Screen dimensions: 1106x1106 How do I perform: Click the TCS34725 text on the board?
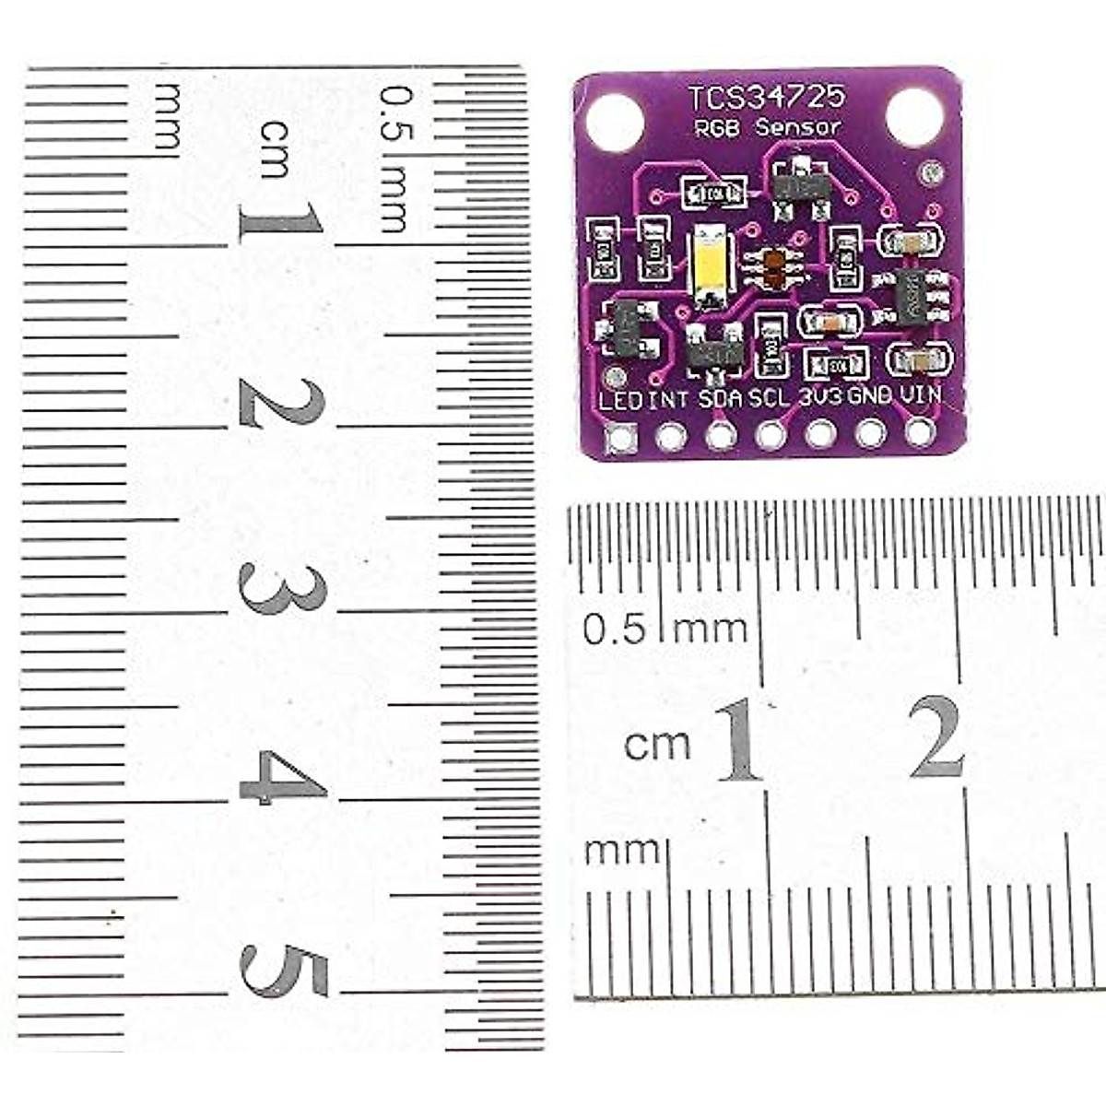tap(767, 98)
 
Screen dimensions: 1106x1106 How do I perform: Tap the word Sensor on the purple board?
tap(798, 127)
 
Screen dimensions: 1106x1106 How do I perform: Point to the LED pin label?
tap(620, 400)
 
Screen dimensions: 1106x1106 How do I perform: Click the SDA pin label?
tap(720, 400)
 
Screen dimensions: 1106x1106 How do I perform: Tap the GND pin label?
tap(869, 397)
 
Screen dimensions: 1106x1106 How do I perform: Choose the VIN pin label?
tap(921, 396)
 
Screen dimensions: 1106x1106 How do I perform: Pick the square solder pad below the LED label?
tap(620, 439)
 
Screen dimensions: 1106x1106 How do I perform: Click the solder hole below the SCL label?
tap(770, 435)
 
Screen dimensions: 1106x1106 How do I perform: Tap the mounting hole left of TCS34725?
tap(614, 121)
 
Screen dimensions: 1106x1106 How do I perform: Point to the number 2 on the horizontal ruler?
tap(936, 737)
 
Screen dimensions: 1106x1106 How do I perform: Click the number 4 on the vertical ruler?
tap(281, 777)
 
